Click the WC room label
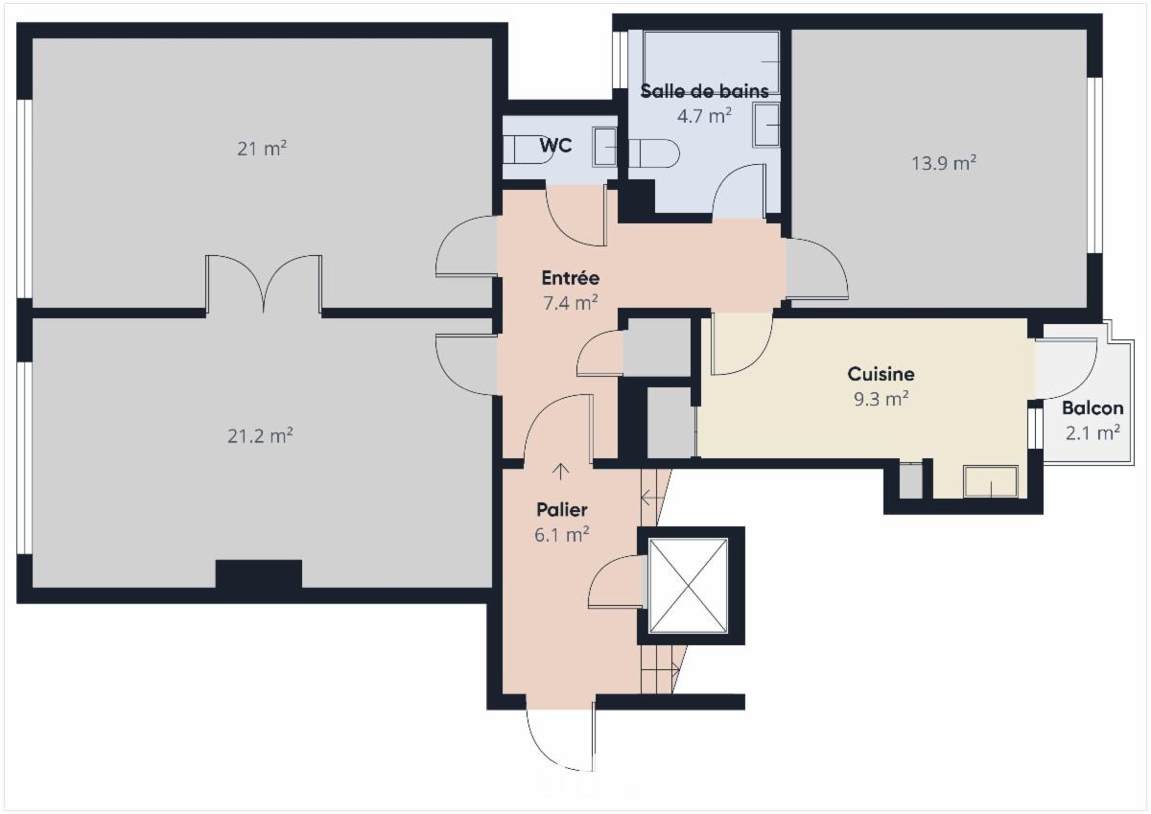[555, 146]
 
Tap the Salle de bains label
[704, 92]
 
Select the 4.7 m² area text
[704, 115]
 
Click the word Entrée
[570, 278]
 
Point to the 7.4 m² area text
[570, 301]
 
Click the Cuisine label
[881, 374]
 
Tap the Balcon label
[1092, 408]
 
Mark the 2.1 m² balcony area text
[1092, 432]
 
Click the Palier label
[561, 510]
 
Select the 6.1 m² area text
[561, 534]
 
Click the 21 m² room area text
[262, 149]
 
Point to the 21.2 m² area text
[260, 435]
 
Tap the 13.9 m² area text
[943, 163]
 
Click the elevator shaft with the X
[689, 586]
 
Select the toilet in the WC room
[529, 150]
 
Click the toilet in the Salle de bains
[655, 152]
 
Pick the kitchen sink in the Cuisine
[990, 481]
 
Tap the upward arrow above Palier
[561, 471]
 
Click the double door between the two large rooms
[264, 285]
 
